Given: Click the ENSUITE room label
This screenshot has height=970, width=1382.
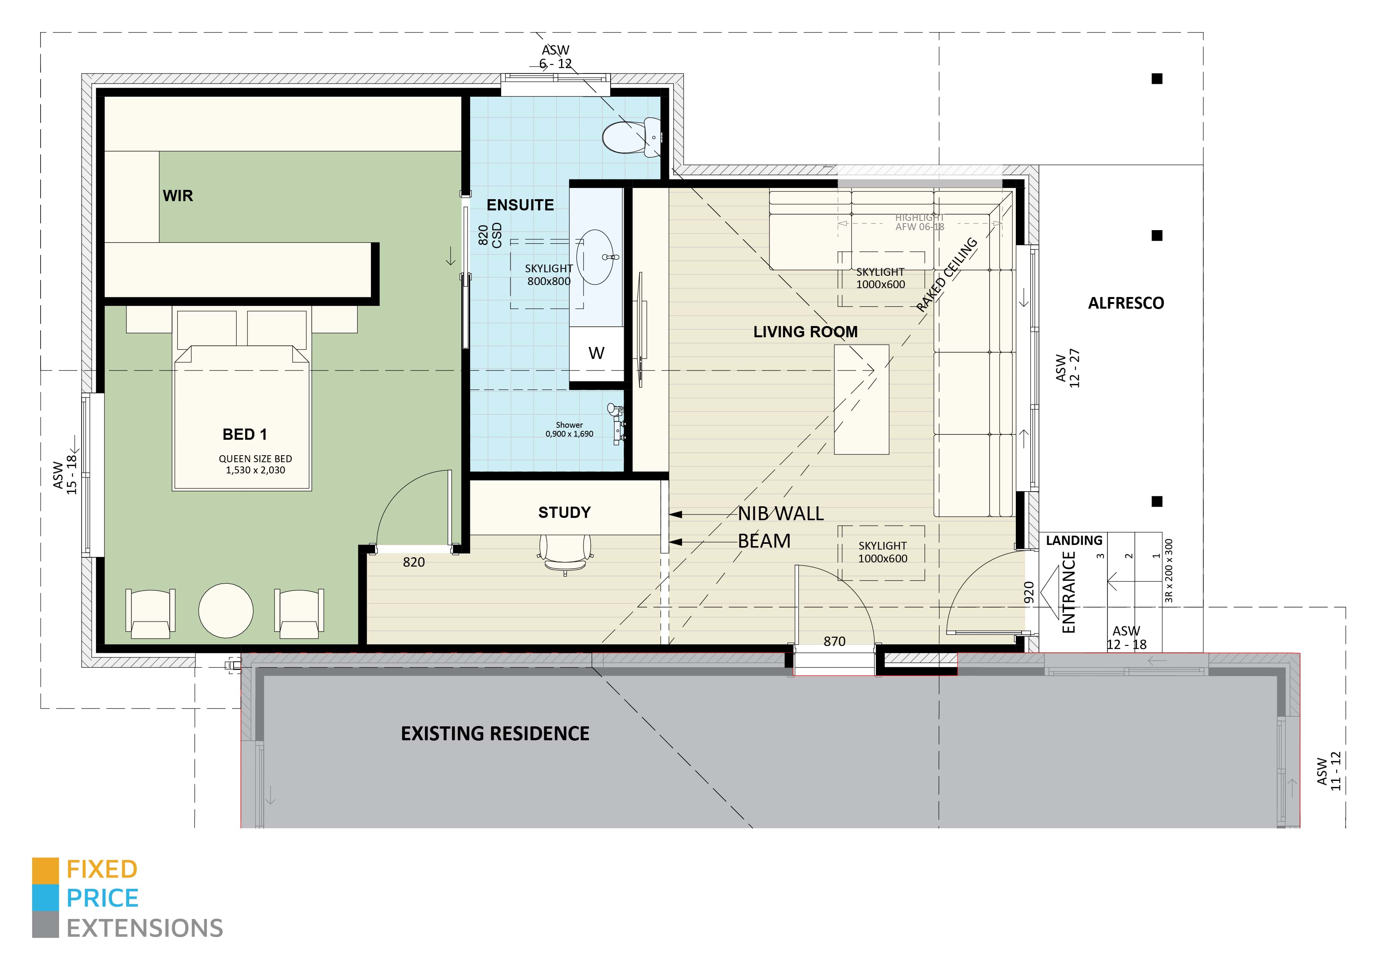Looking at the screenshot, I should point(520,205).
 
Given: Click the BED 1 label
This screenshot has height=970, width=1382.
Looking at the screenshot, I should point(244,434).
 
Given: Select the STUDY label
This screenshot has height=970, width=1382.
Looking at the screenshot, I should point(564,512).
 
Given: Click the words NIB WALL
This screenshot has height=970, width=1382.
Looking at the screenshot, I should point(781,514).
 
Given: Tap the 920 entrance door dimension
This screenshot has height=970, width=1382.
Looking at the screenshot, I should point(1029,593).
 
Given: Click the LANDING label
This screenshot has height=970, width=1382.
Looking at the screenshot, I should point(1074,541).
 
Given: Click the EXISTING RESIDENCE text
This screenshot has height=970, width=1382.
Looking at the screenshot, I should point(495,733).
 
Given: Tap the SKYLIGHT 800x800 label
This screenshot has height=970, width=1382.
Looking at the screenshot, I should point(548,275).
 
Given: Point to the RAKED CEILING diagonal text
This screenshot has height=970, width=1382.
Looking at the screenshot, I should point(947,275).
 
